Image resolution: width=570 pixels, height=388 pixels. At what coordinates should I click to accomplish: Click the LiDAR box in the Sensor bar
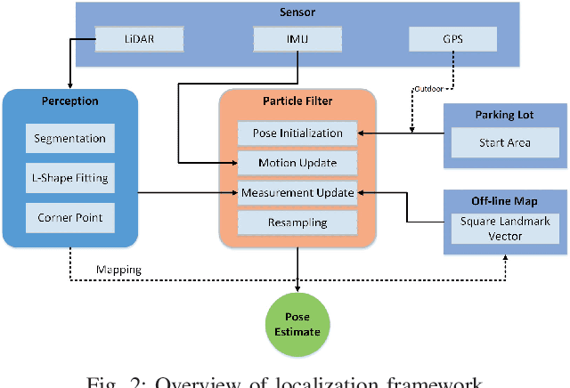[139, 39]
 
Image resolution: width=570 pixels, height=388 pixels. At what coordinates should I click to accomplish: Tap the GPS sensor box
[453, 39]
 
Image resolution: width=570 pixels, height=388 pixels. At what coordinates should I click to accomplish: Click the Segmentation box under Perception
[69, 138]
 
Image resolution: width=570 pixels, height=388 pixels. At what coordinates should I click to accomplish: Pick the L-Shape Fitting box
[69, 177]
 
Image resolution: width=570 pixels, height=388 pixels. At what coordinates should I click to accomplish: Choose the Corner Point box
[69, 216]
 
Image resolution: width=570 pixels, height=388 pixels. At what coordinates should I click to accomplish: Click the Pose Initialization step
[297, 133]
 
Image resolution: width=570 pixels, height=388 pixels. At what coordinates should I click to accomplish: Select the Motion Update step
[297, 163]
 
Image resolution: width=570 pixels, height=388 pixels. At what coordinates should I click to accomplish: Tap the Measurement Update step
[297, 192]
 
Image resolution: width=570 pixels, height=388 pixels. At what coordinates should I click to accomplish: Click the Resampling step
[297, 222]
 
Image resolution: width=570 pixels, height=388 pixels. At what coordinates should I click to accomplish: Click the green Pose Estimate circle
[297, 322]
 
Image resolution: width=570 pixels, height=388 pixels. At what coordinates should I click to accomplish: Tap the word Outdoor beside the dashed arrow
[429, 89]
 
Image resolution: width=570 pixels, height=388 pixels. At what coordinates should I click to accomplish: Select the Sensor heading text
[297, 13]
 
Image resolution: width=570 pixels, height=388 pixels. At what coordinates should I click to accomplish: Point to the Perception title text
[69, 101]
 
